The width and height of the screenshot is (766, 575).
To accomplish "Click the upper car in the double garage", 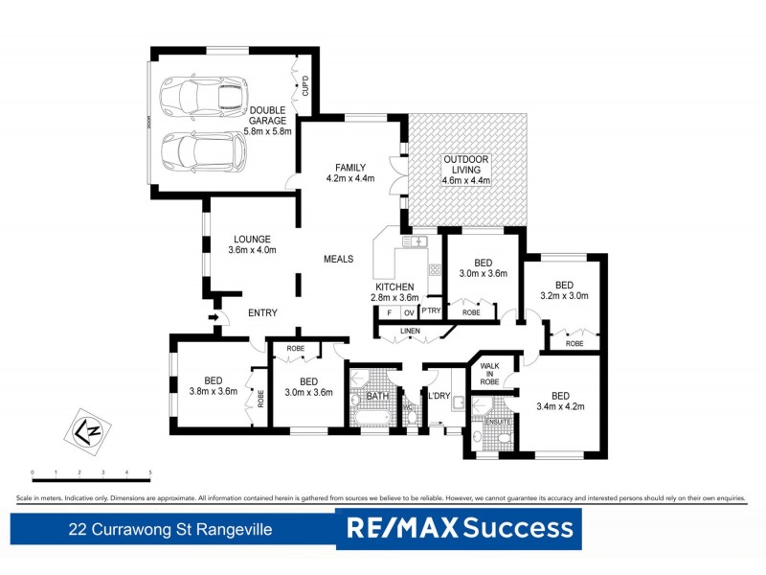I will click(203, 94).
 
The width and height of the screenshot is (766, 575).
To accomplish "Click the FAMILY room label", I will click(349, 172).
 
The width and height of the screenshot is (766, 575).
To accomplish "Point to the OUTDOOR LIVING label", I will click(465, 170).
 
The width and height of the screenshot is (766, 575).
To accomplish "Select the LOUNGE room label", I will click(252, 244).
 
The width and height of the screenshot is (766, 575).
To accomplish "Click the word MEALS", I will click(338, 259).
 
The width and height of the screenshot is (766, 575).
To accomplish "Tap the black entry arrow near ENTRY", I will click(212, 317).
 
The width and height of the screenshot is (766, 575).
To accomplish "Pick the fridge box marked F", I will click(388, 312).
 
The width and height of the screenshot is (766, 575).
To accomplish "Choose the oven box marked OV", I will click(408, 312).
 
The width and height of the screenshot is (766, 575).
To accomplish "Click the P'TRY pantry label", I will click(431, 311).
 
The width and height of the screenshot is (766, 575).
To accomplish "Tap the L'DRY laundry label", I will click(439, 396).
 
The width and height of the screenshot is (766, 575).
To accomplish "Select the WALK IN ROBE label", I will click(490, 373).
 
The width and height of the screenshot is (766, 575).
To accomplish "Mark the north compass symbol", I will click(84, 428).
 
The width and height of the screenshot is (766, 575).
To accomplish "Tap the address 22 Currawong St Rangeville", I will click(171, 529).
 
